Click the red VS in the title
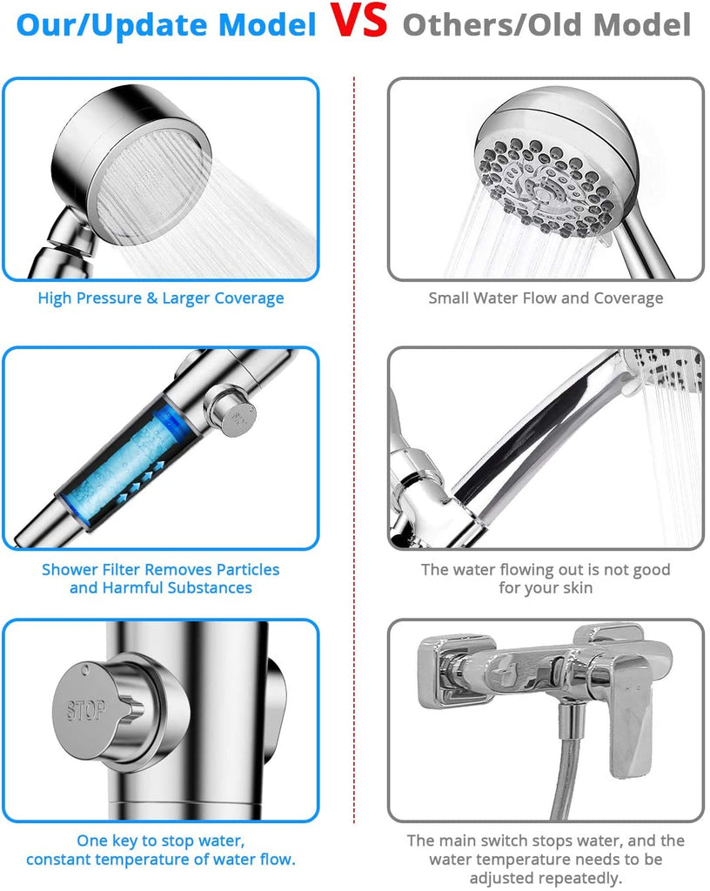pos(359,21)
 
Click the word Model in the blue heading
pos(267,25)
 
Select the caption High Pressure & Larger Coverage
pos(161,298)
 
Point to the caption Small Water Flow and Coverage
pos(546,298)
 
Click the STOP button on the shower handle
pos(87,710)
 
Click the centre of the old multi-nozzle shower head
pos(546,188)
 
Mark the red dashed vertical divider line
pos(354,450)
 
